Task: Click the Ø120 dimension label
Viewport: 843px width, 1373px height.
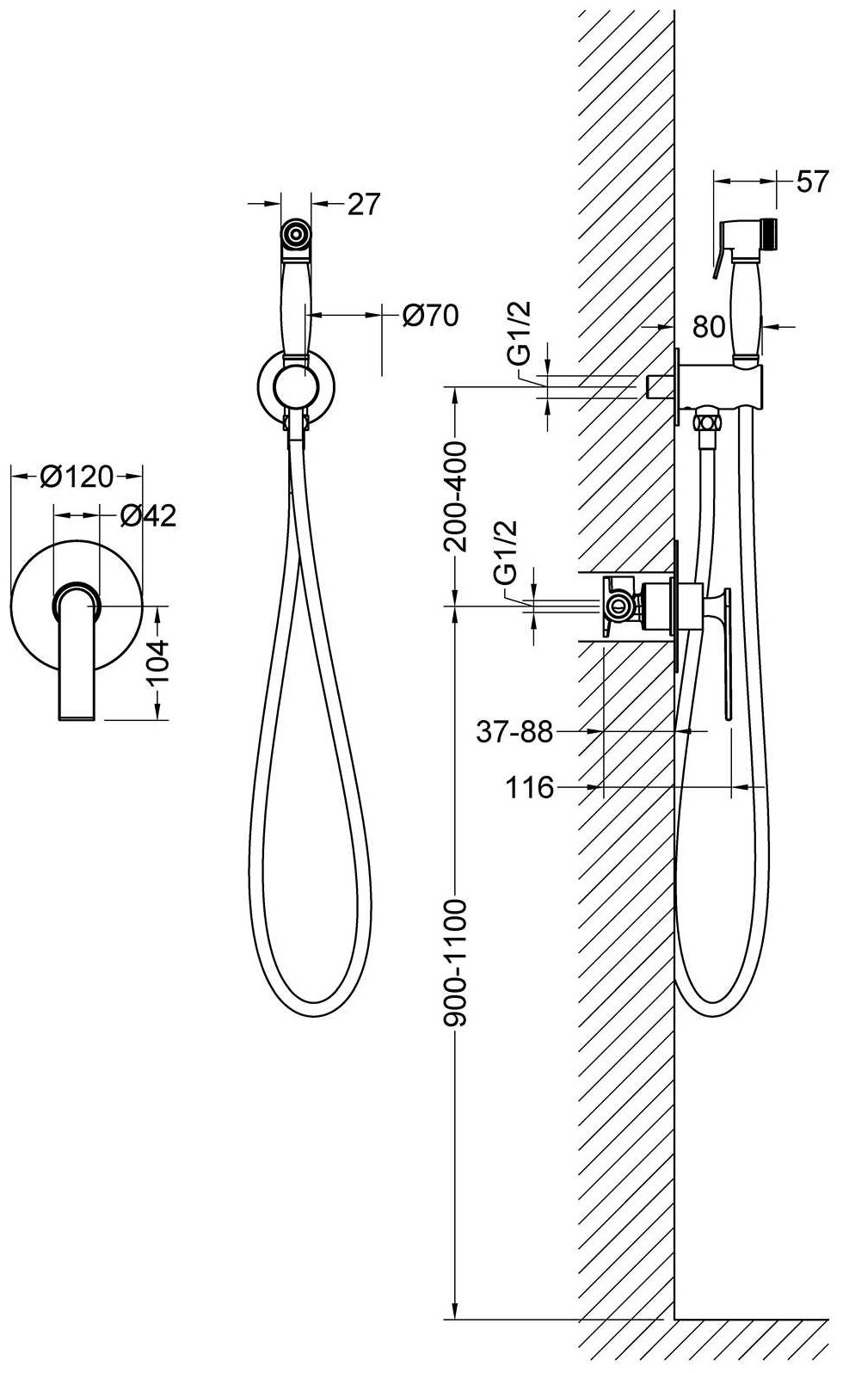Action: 77,476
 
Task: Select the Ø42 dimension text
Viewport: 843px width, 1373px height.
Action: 148,515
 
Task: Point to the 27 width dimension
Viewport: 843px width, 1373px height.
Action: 364,204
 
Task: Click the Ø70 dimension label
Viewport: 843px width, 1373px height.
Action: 430,316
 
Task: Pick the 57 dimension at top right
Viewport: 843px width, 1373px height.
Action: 812,182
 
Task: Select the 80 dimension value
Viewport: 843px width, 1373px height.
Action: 709,327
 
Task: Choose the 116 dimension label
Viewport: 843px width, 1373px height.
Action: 529,786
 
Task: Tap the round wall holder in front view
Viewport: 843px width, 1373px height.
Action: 294,384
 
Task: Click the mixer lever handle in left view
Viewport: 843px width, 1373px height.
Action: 78,654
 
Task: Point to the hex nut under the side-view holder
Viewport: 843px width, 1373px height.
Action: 707,422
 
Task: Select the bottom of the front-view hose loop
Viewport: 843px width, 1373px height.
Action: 314,1016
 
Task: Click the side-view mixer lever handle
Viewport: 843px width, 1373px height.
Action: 725,650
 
